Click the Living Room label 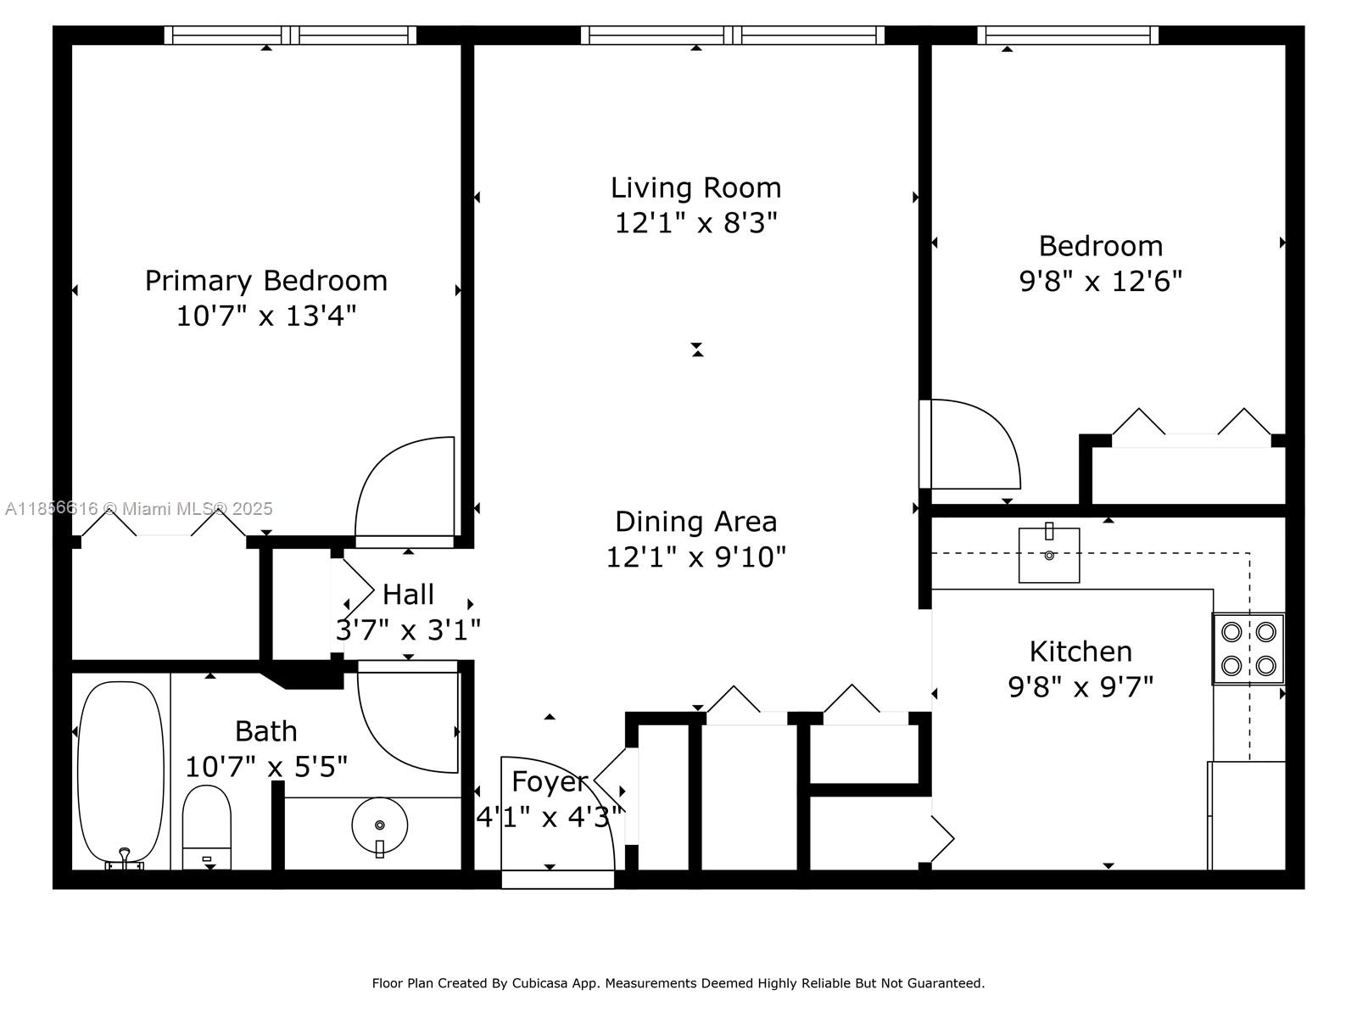coord(695,187)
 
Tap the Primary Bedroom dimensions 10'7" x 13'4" coord(265,316)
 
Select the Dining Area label coord(695,522)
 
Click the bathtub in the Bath coord(120,772)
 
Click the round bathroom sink coord(379,825)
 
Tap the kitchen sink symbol coord(1049,555)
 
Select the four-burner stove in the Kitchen coord(1248,649)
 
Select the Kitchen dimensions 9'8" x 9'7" coord(1081,686)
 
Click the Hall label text coord(408,594)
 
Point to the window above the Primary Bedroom coord(290,35)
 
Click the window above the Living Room coord(732,35)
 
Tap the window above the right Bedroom coord(1067,35)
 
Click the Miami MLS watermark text coord(139,509)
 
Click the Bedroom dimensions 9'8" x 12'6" coord(1100,281)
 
